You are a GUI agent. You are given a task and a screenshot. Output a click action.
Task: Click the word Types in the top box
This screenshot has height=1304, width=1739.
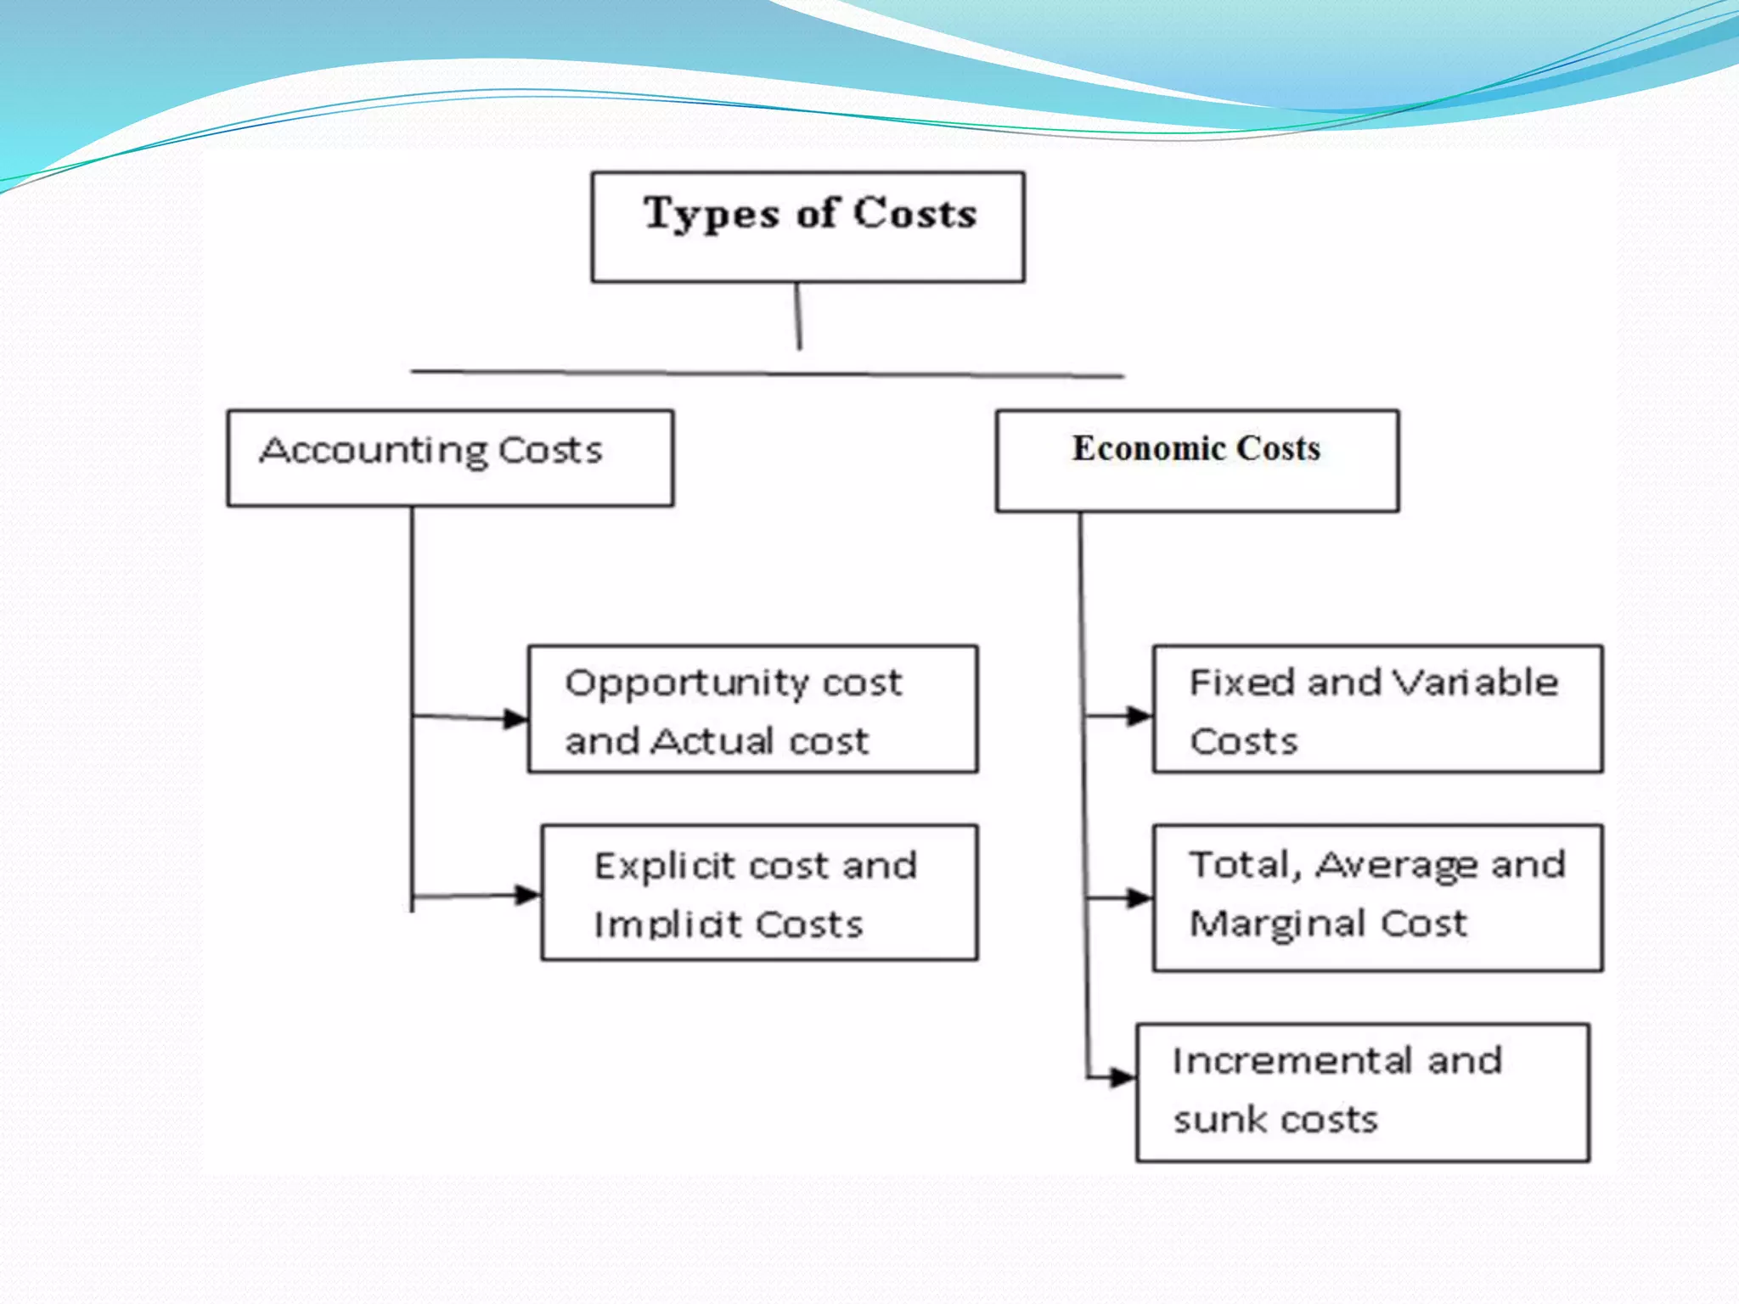pyautogui.click(x=710, y=214)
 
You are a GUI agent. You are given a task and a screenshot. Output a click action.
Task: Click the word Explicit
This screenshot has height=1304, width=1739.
pyautogui.click(x=664, y=867)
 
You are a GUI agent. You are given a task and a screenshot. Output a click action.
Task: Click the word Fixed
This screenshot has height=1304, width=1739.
pyautogui.click(x=1241, y=683)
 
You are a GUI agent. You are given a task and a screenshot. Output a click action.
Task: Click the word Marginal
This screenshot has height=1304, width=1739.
pyautogui.click(x=1277, y=925)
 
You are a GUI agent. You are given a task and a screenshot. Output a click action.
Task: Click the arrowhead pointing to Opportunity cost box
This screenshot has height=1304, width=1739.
pyautogui.click(x=515, y=719)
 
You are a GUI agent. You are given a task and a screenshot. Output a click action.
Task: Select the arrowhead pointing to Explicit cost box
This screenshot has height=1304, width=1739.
pyautogui.click(x=527, y=895)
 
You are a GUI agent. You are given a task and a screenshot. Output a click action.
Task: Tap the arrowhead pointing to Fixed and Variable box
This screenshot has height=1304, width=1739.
pyautogui.click(x=1139, y=716)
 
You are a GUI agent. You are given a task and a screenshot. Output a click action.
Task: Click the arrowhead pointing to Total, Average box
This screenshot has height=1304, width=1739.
pyautogui.click(x=1139, y=898)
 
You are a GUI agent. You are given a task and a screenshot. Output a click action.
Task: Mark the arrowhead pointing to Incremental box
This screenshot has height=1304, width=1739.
pyautogui.click(x=1123, y=1078)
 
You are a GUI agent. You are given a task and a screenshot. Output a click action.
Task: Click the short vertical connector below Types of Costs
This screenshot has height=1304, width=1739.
pyautogui.click(x=798, y=316)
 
